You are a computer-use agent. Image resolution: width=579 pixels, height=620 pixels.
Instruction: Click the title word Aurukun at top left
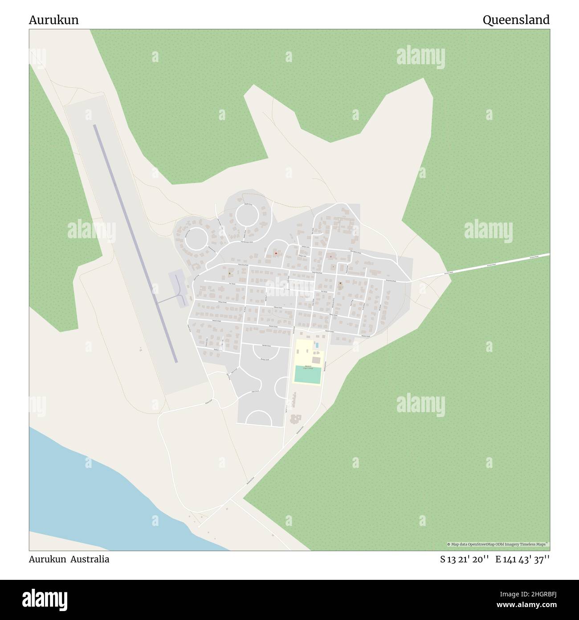(54, 20)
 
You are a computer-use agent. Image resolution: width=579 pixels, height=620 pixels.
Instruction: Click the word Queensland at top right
(516, 20)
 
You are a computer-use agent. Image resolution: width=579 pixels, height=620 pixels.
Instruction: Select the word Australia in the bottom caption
(89, 559)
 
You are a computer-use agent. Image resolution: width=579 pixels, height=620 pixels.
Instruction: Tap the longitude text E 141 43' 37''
(523, 559)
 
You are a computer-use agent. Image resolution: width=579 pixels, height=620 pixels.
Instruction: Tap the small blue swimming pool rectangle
(317, 345)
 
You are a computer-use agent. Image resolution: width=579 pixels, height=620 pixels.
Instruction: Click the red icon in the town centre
(276, 253)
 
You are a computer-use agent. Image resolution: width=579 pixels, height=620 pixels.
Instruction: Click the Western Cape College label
(308, 368)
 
